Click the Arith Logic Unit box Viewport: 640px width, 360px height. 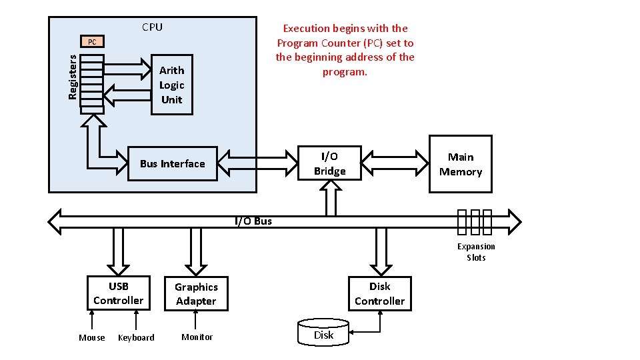172,85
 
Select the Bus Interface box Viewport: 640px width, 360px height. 173,164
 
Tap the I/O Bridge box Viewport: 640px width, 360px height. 329,163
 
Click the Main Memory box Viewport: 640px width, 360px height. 460,164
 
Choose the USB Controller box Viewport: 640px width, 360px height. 118,293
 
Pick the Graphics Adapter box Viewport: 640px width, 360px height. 196,294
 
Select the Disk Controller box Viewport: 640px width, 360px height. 379,293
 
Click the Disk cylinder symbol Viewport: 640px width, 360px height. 323,332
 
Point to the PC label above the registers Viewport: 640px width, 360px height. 92,42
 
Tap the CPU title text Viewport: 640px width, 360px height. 152,27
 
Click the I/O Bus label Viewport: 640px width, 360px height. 253,221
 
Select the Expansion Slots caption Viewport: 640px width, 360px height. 476,252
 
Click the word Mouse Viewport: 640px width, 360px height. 92,338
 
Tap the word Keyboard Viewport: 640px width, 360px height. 136,338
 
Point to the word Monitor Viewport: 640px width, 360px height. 197,337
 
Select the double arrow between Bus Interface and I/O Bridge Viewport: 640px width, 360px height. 257,163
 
